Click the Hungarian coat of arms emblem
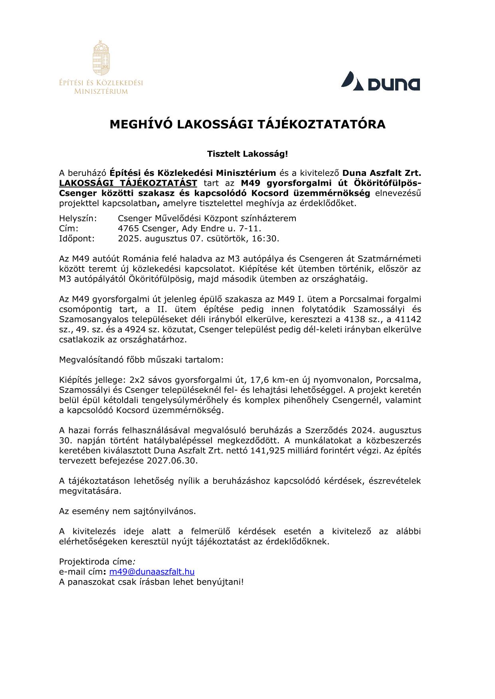101,57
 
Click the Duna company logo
380,81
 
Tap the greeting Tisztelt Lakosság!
247,154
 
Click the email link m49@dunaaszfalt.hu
152,572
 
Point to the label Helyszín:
78,219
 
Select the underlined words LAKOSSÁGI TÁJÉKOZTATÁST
128,183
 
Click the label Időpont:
77,238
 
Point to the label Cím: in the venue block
69,228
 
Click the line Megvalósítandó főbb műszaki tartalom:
141,360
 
